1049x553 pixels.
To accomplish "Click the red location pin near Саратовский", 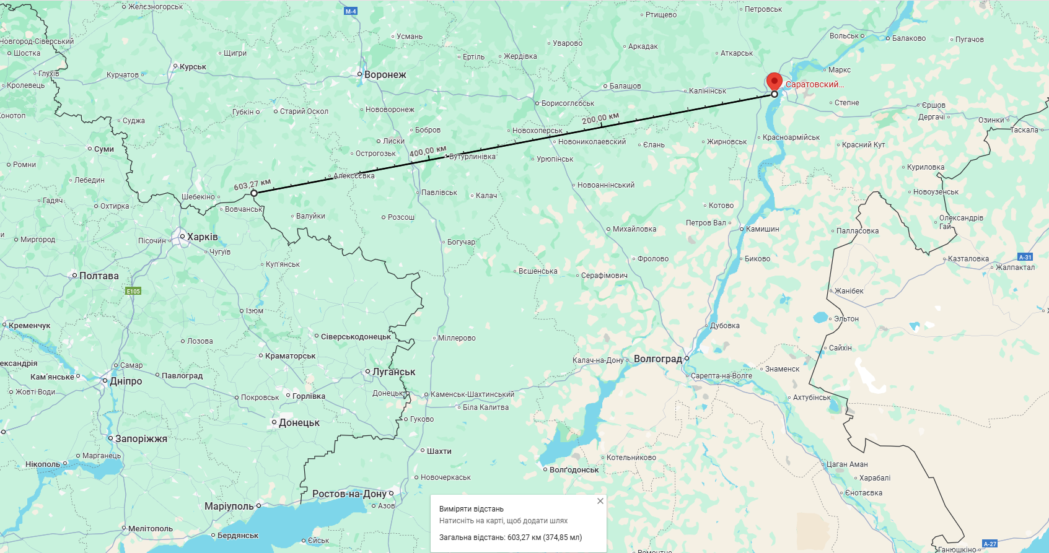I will (x=774, y=82).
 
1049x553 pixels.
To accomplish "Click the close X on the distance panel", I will (x=600, y=501).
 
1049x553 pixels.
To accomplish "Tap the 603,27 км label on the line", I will (x=252, y=185).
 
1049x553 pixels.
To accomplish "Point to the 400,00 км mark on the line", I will (x=428, y=152).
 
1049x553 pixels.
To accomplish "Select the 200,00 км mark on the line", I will (x=600, y=118).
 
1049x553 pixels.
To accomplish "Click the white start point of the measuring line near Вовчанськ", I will (x=254, y=193).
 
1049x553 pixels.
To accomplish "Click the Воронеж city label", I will (x=385, y=75).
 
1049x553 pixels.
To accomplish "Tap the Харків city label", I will (x=203, y=237).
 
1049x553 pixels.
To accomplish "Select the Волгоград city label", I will (x=657, y=359).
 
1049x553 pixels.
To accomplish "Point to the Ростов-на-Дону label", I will (x=349, y=494).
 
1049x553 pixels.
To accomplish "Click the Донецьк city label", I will (x=299, y=423).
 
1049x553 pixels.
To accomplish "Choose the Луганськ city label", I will (x=393, y=372).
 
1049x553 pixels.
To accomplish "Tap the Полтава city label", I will (x=99, y=276).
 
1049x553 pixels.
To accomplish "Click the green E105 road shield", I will (x=133, y=291).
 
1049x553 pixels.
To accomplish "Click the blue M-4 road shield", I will (x=351, y=11).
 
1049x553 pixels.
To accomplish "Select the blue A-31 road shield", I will (x=1025, y=257).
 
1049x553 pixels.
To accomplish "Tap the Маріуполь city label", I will (x=229, y=507).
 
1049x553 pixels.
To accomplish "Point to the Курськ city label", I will (x=193, y=67).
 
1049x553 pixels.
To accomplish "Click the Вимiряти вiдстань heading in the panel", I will (x=472, y=509).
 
